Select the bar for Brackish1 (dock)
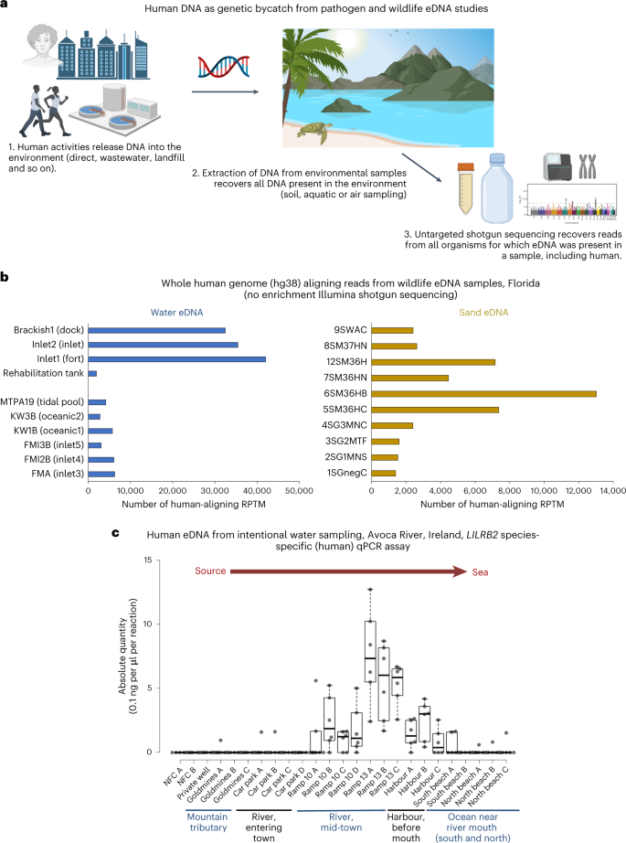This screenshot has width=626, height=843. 156,330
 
